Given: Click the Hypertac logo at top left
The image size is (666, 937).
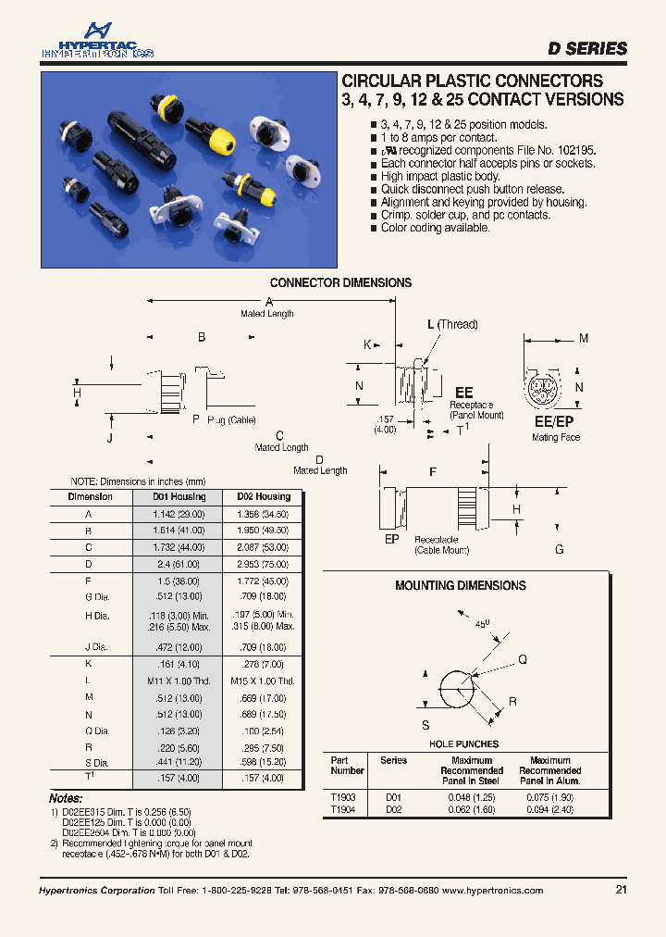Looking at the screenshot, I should coord(96,42).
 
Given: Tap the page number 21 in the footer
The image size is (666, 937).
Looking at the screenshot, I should coord(620,890).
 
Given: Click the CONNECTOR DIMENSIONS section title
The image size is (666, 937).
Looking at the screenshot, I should coord(340,282).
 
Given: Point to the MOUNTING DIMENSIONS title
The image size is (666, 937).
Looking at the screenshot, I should coord(460,585).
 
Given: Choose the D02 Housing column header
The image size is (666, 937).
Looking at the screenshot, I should coord(264,497).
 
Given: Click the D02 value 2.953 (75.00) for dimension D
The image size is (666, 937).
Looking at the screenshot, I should coord(264,564).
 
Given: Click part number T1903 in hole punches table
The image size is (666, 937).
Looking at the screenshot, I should coord(343,796).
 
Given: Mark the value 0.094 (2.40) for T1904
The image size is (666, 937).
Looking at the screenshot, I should coord(549,808).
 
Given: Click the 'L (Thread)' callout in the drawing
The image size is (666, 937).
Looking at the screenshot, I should coord(452,324).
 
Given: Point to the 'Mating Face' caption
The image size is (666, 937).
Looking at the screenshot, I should coord(556,437).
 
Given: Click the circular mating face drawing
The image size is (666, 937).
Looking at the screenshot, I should coord(541,391).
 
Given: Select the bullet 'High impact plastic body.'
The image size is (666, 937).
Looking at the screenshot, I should coord(440,176).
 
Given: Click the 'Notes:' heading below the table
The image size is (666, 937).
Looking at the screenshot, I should coord(66,798).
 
